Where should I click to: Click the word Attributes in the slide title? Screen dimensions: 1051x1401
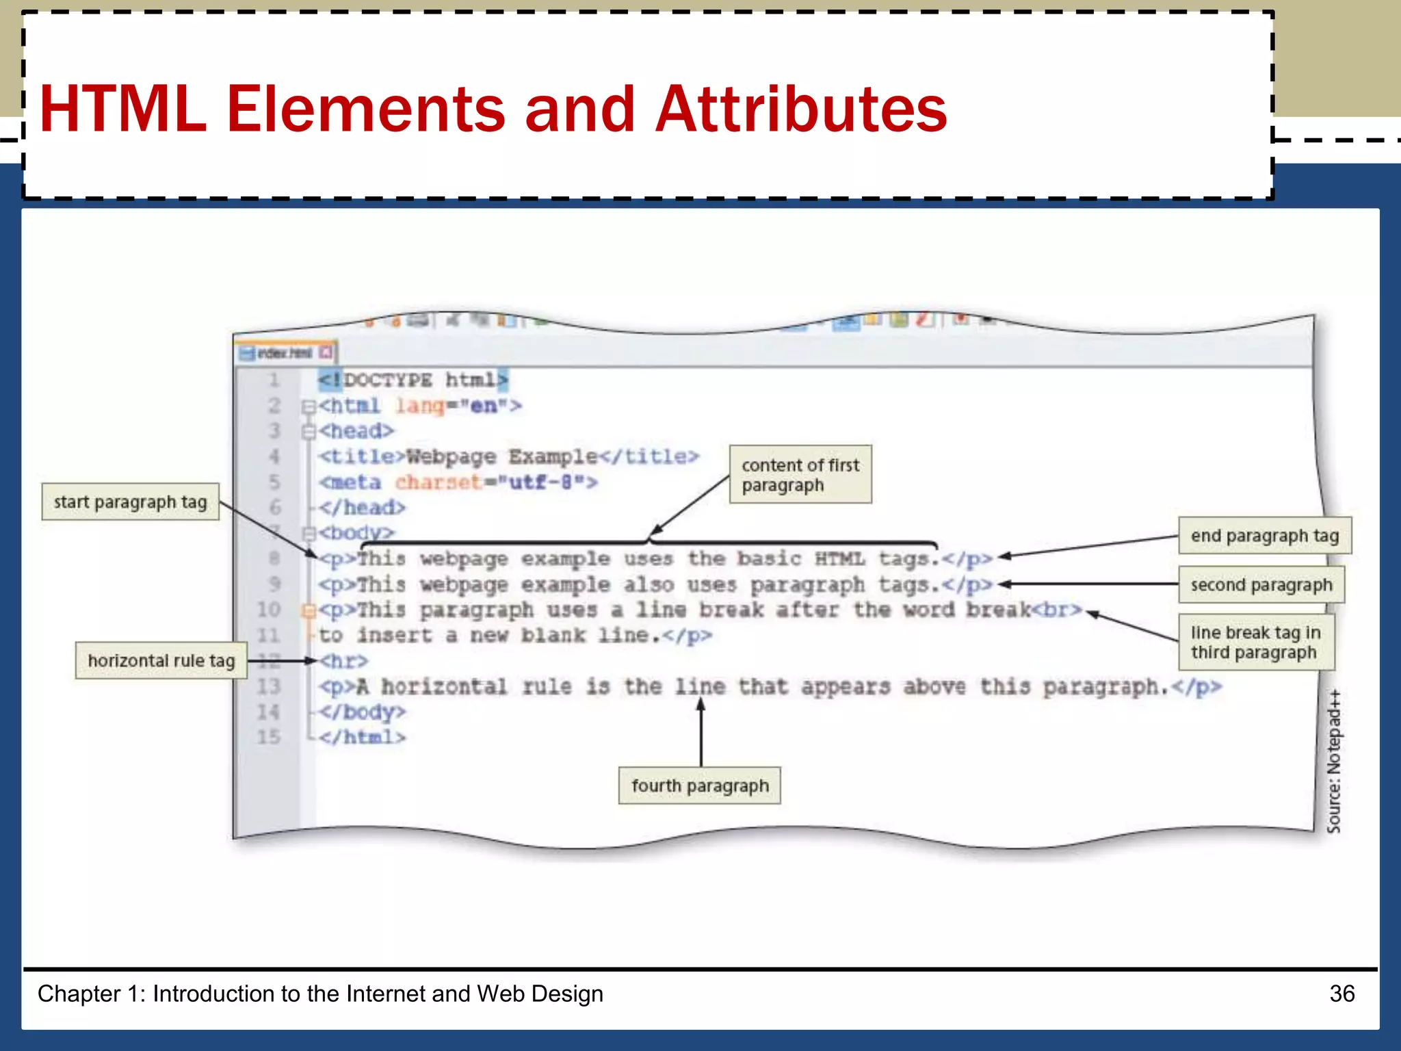pyautogui.click(x=800, y=109)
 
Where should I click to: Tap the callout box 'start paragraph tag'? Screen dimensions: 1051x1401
pyautogui.click(x=130, y=502)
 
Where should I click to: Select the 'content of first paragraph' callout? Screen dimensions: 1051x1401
pyautogui.click(x=800, y=475)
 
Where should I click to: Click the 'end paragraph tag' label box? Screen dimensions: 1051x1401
pyautogui.click(x=1264, y=536)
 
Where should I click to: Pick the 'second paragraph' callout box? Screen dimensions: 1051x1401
pyautogui.click(x=1261, y=585)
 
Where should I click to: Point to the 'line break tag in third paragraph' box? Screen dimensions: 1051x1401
pyautogui.click(x=1256, y=643)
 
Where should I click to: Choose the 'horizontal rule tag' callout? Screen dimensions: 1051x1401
pyautogui.click(x=161, y=660)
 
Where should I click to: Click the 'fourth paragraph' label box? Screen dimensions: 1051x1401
pyautogui.click(x=699, y=786)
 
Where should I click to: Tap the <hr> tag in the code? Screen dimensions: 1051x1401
pyautogui.click(x=344, y=661)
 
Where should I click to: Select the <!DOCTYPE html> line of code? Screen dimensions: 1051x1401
pyautogui.click(x=413, y=380)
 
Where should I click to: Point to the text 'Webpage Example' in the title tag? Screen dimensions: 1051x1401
pyautogui.click(x=501, y=456)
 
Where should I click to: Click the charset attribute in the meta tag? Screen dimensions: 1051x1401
pyautogui.click(x=438, y=482)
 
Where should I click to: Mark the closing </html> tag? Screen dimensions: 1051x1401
pyautogui.click(x=362, y=737)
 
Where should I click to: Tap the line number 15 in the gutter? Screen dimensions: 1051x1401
pyautogui.click(x=269, y=737)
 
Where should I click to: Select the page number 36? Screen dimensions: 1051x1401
pyautogui.click(x=1341, y=994)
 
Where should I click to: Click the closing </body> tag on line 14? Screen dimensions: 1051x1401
pyautogui.click(x=362, y=712)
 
